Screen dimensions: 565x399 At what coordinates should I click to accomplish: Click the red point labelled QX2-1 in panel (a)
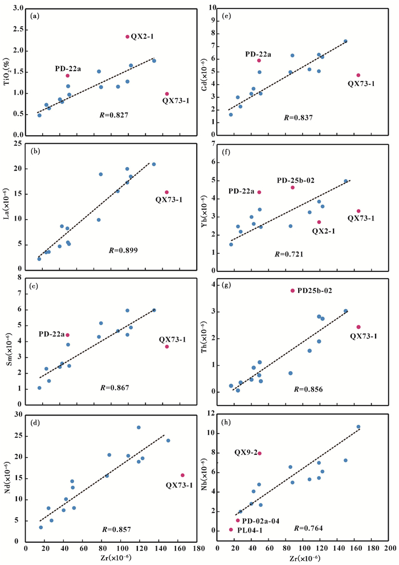[128, 36]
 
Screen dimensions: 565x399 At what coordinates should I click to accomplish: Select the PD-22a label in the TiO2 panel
[68, 68]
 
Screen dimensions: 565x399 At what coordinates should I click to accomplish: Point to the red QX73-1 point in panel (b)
[166, 192]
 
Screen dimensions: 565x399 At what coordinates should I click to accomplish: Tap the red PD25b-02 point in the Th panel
[293, 291]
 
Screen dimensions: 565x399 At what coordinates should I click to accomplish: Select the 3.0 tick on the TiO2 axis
[18, 9]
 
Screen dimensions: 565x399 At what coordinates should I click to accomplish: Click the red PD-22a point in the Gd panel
[259, 60]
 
